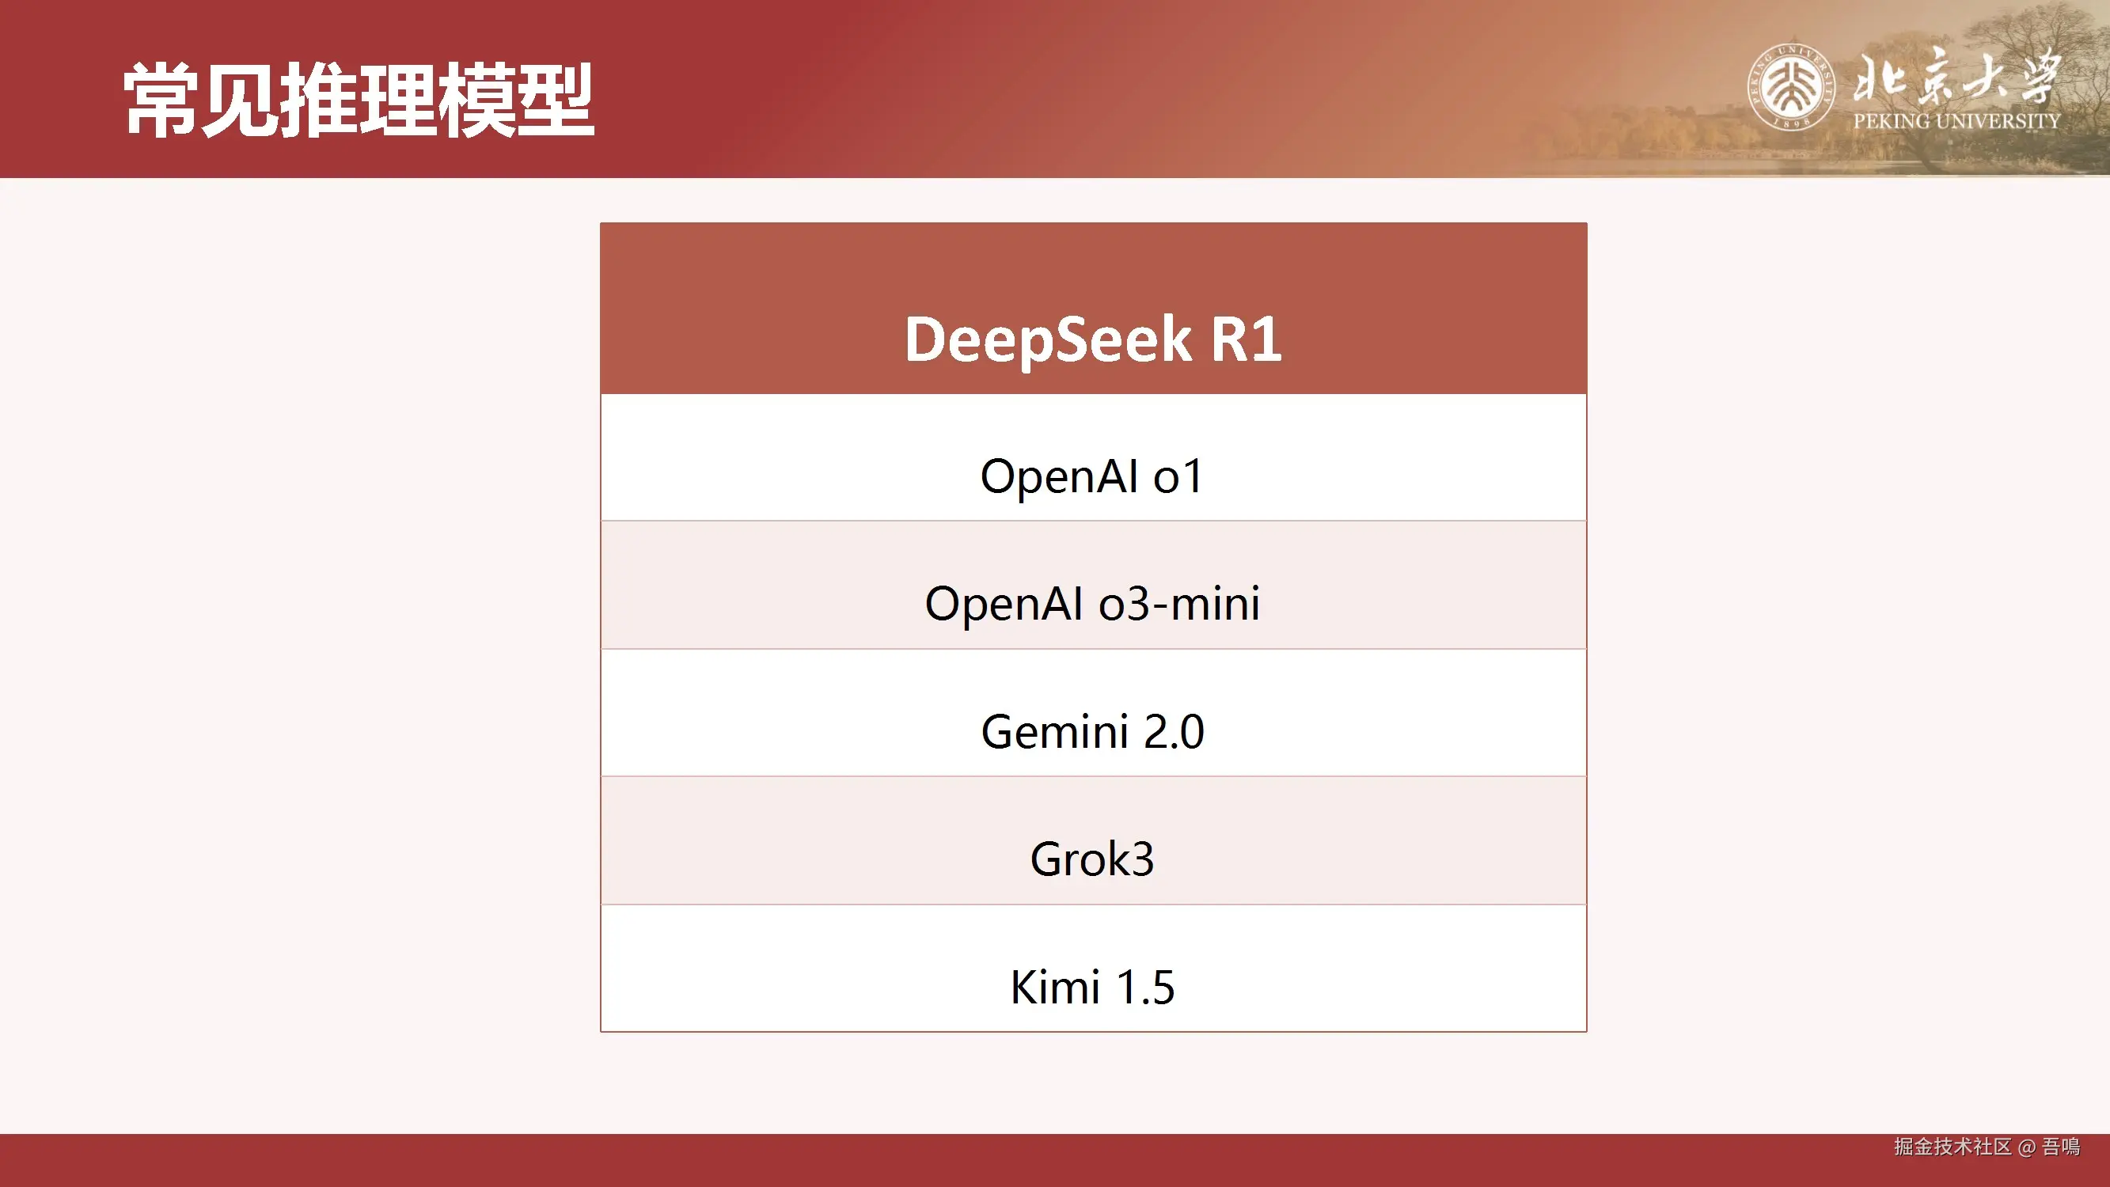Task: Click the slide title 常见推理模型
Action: click(x=359, y=100)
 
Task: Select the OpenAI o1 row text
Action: click(x=1092, y=476)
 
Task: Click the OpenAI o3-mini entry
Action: click(x=1092, y=605)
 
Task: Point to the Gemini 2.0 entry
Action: click(x=1093, y=731)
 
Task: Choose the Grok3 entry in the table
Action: click(x=1092, y=859)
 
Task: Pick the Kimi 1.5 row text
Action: click(x=1092, y=987)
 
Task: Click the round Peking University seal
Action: click(x=1791, y=88)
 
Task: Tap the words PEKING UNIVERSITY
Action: click(x=1956, y=121)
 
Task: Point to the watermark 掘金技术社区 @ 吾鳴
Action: click(x=1987, y=1147)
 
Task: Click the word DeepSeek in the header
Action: click(x=1048, y=339)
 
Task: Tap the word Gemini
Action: click(x=1055, y=731)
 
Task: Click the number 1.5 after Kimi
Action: click(x=1146, y=987)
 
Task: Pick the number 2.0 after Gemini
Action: click(x=1174, y=731)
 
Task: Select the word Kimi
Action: click(x=1055, y=987)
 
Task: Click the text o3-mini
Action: click(x=1179, y=605)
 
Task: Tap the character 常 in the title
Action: click(x=161, y=100)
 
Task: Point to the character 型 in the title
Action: click(x=556, y=100)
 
